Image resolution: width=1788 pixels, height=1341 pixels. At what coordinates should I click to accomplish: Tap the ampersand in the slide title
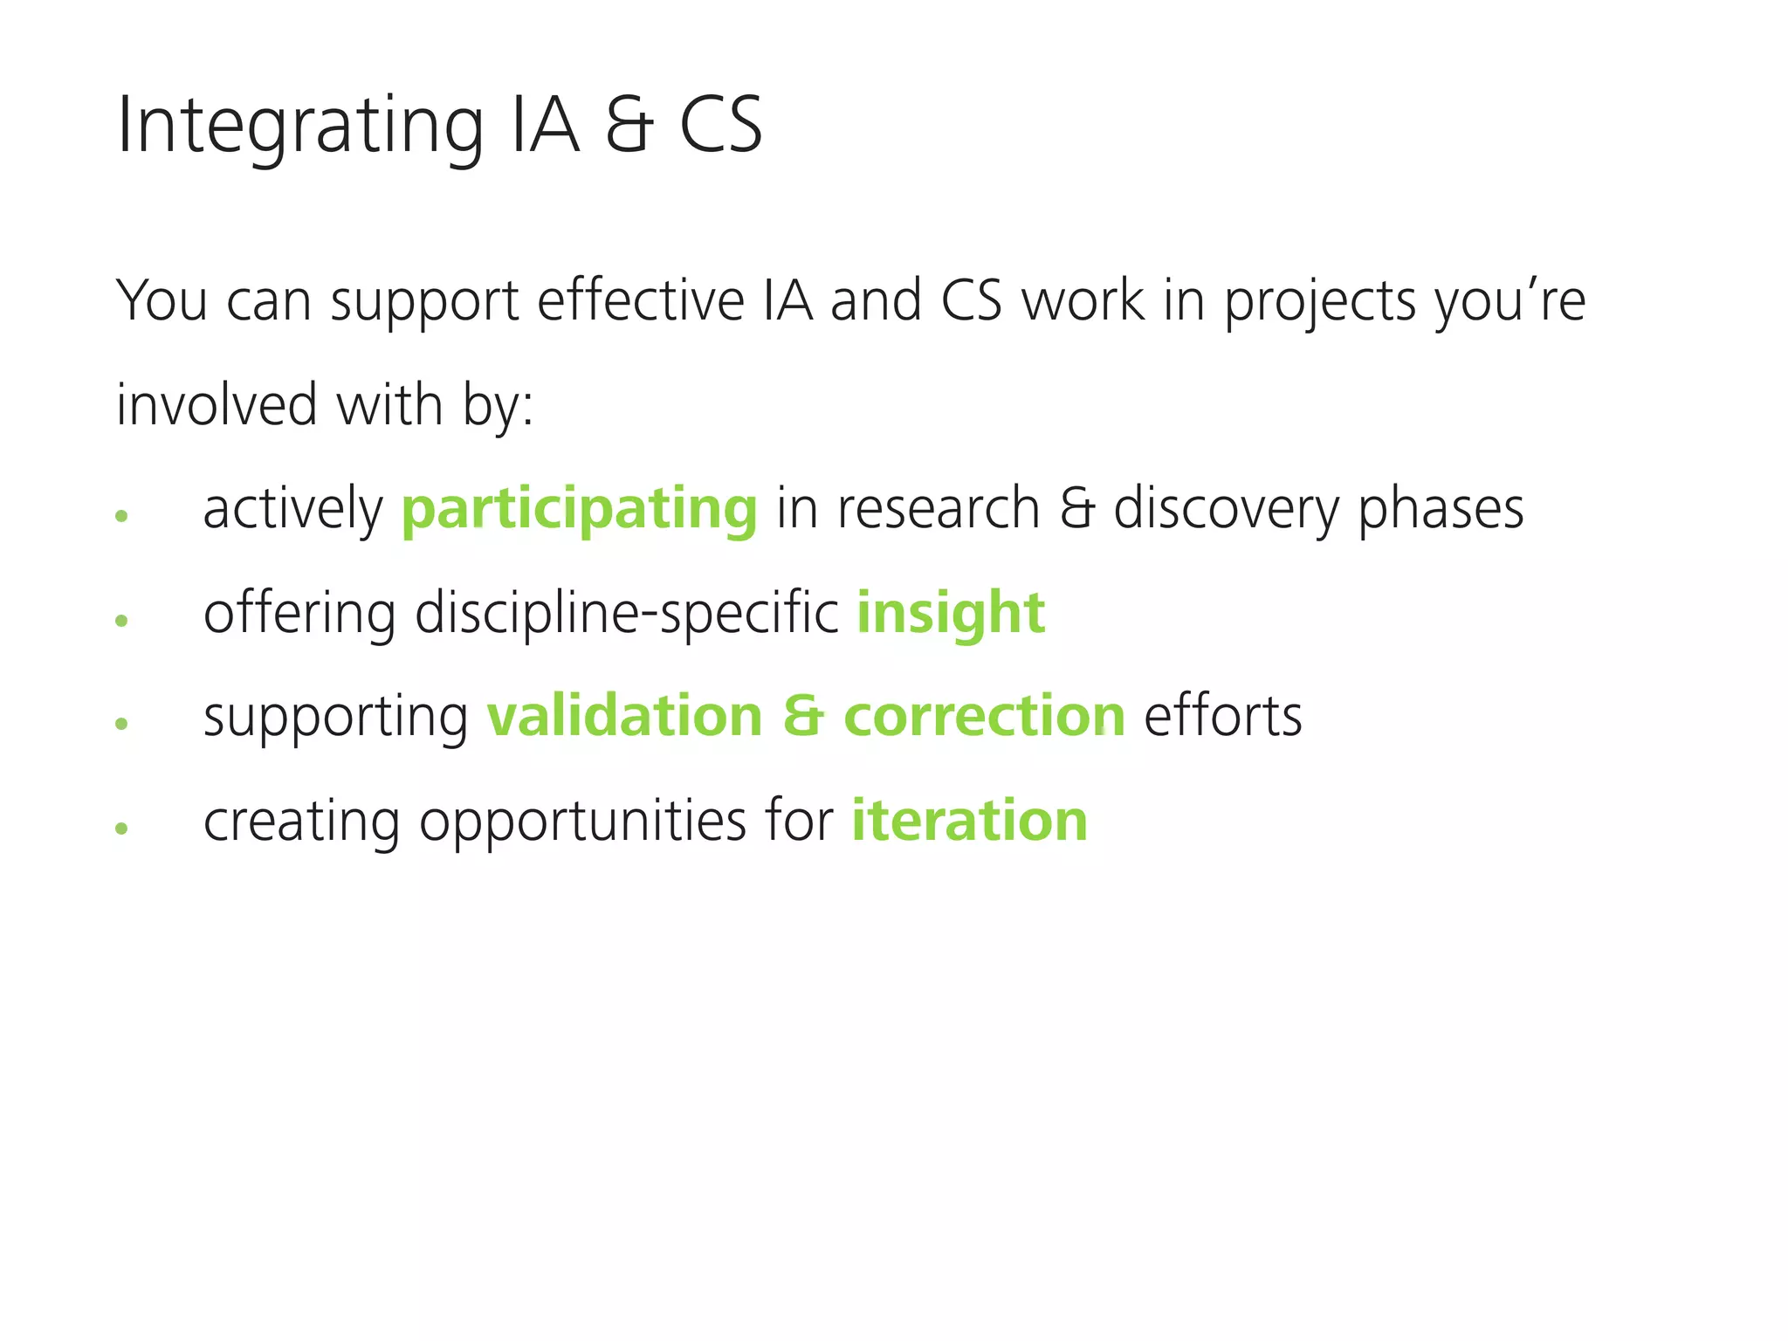pos(629,127)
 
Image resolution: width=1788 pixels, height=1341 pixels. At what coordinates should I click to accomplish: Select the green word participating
pos(579,509)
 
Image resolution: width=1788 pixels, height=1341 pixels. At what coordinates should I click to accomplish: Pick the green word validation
pos(624,716)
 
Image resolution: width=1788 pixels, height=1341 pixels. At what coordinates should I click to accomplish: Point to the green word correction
pos(984,716)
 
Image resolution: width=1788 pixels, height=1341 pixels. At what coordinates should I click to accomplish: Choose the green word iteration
pos(969,821)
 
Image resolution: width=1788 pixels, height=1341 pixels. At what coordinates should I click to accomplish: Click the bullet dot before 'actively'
pos(121,516)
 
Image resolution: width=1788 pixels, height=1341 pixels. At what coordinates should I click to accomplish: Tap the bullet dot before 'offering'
pos(121,620)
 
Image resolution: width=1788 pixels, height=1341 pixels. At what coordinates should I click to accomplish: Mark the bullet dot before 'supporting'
pos(121,723)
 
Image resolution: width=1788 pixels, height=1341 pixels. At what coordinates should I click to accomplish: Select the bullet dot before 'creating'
pos(121,828)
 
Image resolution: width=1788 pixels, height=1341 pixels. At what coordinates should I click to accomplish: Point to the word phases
pos(1441,509)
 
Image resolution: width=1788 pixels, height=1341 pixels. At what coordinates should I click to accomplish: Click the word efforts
pos(1222,716)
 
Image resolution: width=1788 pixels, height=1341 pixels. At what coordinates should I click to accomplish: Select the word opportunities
pos(582,821)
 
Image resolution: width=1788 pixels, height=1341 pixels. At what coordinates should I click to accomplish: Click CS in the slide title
pos(720,127)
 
